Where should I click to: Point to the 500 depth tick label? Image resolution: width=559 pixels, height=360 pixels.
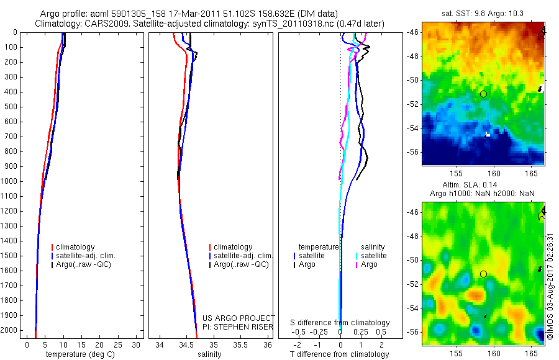[11, 107]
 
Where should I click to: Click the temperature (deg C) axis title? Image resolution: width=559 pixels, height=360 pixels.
[78, 354]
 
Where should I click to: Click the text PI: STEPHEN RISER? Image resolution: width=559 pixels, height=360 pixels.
[239, 326]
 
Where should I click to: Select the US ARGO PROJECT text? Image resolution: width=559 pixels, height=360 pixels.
[239, 318]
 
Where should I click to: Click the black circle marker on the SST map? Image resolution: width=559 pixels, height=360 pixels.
[483, 94]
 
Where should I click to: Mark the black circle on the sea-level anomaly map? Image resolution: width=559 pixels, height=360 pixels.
[483, 274]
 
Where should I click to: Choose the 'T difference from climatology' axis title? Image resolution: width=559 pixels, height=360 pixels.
[339, 354]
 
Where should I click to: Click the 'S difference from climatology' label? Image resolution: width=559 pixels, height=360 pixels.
[340, 323]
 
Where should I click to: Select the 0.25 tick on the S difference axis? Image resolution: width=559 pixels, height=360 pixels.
[359, 332]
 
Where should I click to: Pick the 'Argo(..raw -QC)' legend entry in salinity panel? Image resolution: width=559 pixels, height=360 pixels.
[241, 264]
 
